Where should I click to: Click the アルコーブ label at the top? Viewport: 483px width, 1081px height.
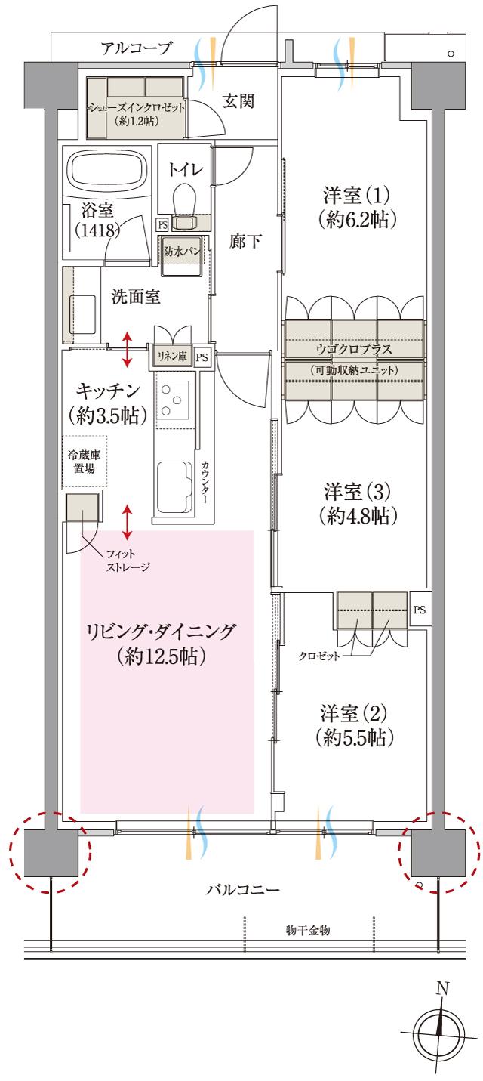[137, 49]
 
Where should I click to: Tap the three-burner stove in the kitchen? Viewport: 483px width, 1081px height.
[173, 398]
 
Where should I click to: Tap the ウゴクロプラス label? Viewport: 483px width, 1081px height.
[354, 351]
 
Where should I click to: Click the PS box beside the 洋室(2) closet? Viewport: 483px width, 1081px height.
[420, 609]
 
